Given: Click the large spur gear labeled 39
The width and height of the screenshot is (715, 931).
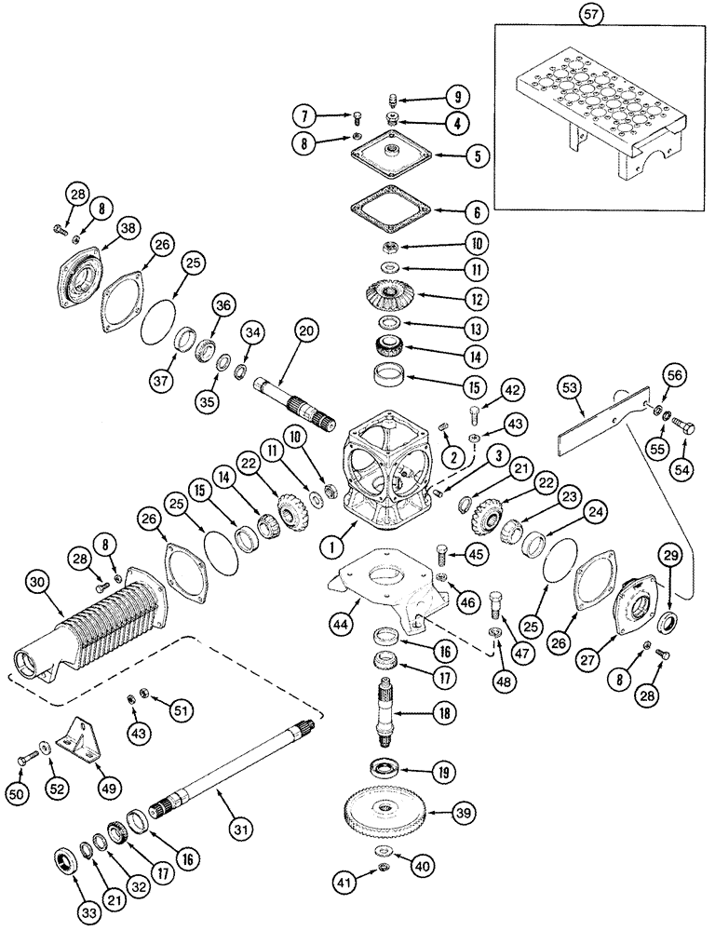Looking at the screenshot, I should (x=381, y=814).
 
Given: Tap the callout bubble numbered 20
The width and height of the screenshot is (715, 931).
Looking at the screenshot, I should (x=308, y=331).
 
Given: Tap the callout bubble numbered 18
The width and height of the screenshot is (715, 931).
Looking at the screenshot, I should (x=445, y=715).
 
